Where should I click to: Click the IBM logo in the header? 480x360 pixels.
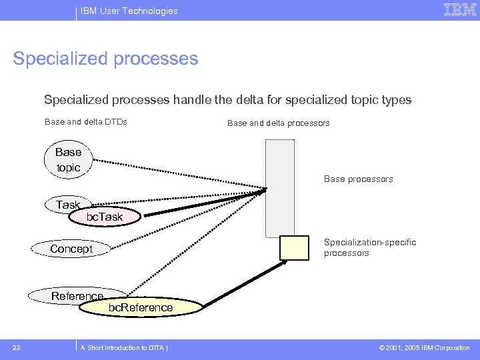tap(460, 10)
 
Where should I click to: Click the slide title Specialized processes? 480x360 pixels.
tap(105, 59)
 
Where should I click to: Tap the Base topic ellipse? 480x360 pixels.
tap(67, 160)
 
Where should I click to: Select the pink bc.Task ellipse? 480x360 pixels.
tap(105, 217)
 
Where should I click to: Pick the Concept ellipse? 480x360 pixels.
tap(71, 249)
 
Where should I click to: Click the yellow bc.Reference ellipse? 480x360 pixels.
tap(141, 307)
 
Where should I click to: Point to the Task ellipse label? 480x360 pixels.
tap(67, 205)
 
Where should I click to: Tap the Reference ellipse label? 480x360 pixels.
tap(77, 296)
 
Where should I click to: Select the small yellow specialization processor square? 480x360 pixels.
tap(294, 248)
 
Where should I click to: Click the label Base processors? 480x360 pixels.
tap(358, 179)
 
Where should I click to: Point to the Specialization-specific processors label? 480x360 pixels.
tap(370, 247)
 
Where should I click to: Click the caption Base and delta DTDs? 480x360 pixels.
tap(85, 122)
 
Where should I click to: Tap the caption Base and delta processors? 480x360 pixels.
tap(278, 123)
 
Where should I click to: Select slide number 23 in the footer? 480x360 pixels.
tap(17, 347)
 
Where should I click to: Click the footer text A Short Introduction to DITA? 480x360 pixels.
tap(123, 347)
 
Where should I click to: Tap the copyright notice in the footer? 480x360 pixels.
tap(424, 347)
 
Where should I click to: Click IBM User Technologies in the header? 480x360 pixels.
tap(129, 11)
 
